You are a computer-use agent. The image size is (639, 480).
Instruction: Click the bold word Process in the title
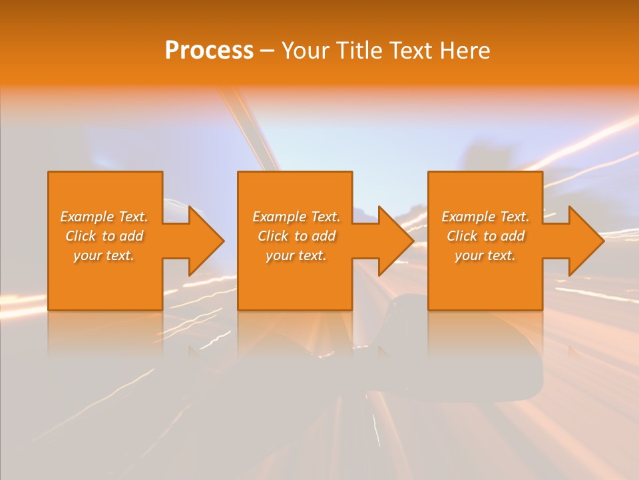coord(209,51)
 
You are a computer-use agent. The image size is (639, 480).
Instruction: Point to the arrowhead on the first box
coord(205,241)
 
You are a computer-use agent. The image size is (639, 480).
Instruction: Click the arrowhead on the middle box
coord(395,241)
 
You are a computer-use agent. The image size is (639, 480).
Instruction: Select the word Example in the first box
coord(87,217)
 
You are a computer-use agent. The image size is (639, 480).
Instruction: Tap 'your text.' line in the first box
coord(104,255)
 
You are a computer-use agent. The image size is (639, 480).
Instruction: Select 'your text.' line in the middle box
coord(296,255)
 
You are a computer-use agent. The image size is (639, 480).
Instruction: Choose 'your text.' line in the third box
coord(485,255)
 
